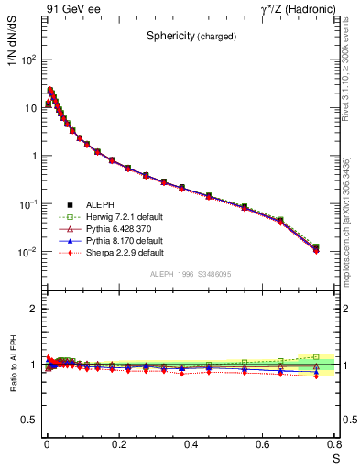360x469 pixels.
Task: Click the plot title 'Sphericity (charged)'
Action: click(x=191, y=37)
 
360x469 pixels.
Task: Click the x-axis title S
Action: click(x=335, y=457)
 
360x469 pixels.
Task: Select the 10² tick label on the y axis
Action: click(x=28, y=60)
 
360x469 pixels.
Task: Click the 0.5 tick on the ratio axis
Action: click(x=27, y=420)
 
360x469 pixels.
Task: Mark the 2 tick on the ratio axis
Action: click(x=32, y=310)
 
